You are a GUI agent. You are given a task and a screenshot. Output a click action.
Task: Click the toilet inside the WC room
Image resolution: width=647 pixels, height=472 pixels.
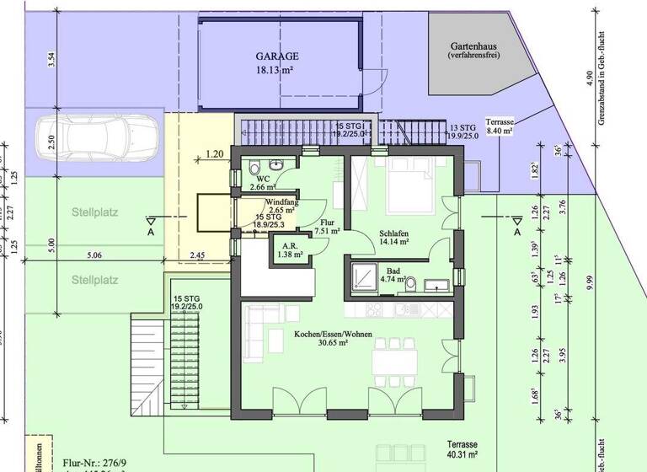click(254, 169)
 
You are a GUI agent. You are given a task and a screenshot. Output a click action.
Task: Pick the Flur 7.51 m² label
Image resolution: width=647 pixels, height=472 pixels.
click(326, 226)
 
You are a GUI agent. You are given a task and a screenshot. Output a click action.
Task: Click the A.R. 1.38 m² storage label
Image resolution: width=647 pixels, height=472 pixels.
click(291, 249)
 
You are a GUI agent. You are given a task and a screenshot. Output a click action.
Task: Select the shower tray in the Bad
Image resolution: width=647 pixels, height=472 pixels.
click(366, 278)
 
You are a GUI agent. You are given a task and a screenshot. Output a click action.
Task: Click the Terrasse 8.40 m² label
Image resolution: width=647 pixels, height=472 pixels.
click(500, 126)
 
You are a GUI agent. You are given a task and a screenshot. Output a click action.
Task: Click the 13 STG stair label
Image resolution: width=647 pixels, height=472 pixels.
click(463, 130)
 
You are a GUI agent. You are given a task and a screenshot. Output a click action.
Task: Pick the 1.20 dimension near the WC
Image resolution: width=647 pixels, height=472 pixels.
click(215, 155)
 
